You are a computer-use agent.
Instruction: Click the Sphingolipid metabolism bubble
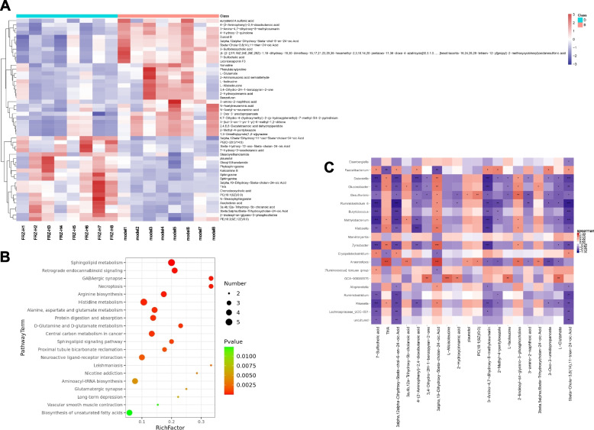click(x=172, y=241)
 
